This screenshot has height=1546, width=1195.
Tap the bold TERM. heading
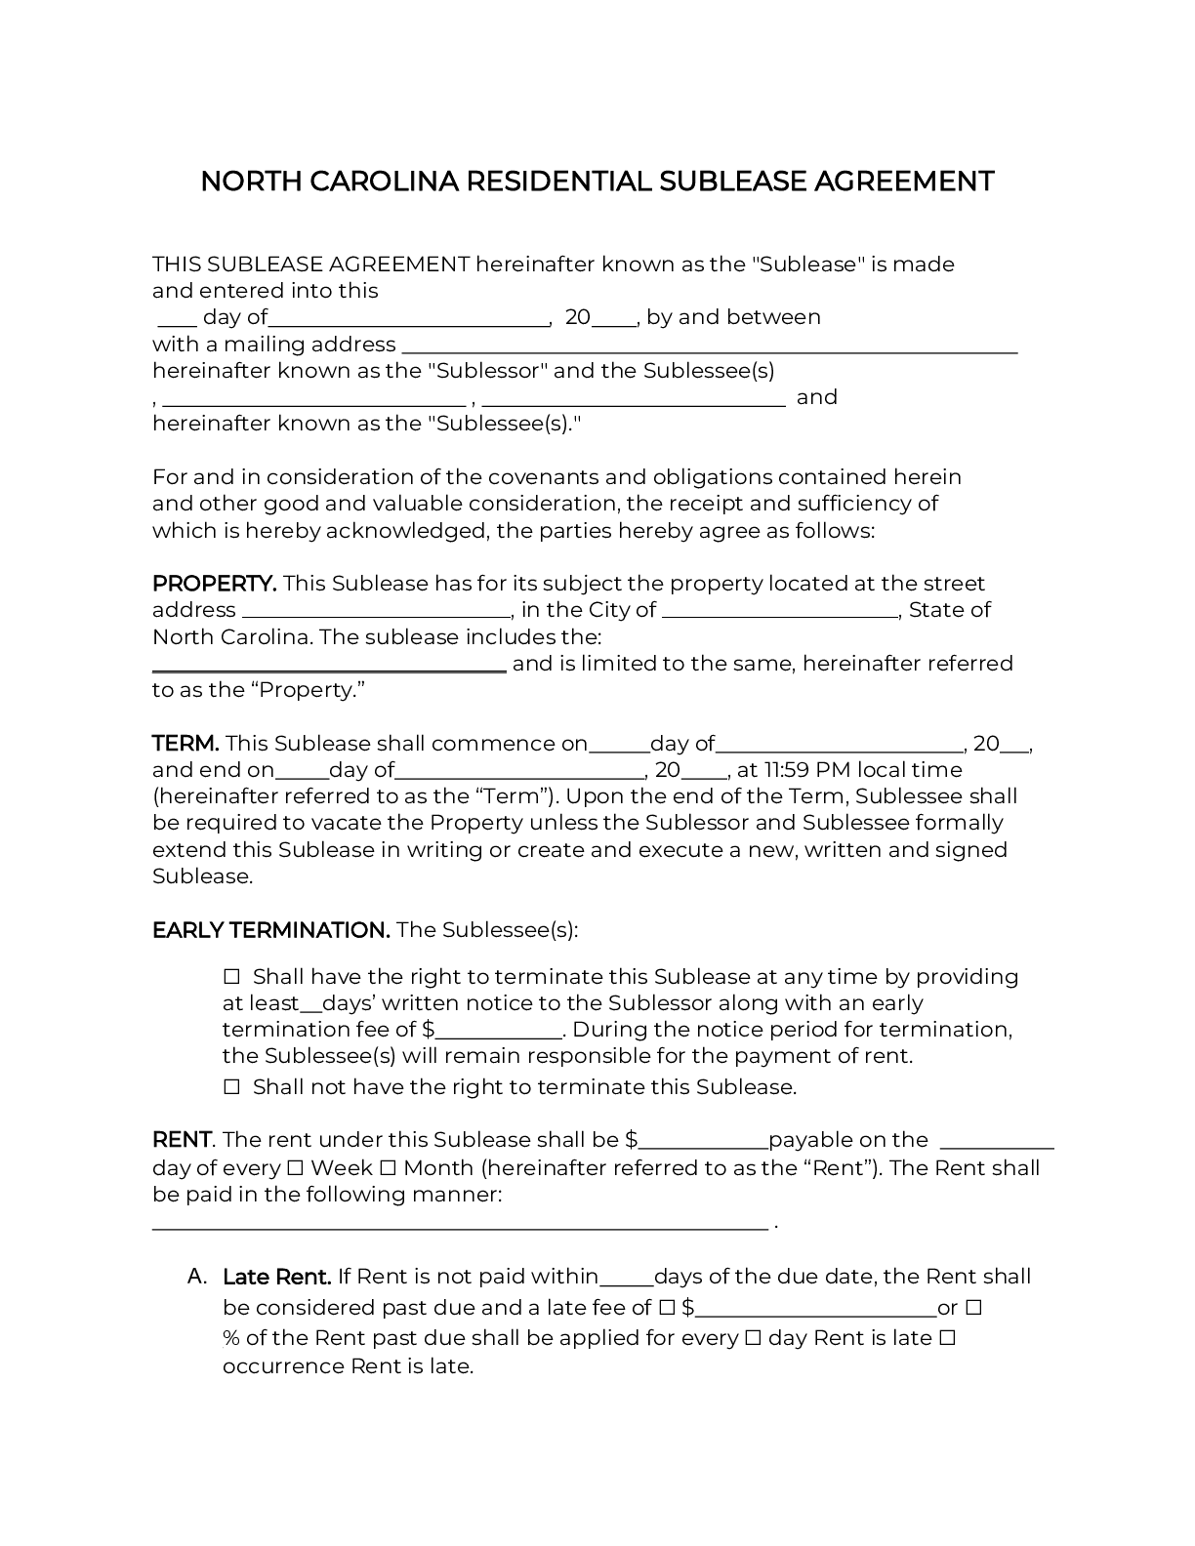(x=185, y=744)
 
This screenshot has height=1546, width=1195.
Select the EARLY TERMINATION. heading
(x=270, y=930)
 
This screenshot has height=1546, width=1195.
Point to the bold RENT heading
(x=182, y=1140)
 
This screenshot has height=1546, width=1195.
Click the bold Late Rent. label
(x=277, y=1277)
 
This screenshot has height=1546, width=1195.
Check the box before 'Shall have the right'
(x=231, y=977)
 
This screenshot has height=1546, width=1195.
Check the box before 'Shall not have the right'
(x=231, y=1087)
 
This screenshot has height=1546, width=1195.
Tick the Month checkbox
(x=387, y=1168)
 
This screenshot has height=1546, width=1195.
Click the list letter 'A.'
(x=197, y=1277)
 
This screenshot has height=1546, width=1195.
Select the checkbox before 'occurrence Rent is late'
(x=946, y=1338)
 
